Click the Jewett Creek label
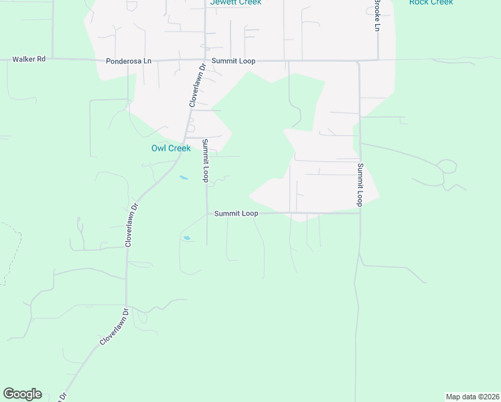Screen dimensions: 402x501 235,3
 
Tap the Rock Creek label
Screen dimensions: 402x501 431,3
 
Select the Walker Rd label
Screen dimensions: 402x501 29,60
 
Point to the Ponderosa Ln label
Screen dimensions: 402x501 129,62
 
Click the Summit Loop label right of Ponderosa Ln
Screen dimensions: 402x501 233,61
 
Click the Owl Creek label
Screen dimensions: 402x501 171,148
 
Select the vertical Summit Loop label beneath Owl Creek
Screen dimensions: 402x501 206,160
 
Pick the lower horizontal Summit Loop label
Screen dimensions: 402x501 236,213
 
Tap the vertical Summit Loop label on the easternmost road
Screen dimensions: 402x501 360,184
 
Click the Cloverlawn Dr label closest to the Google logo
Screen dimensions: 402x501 113,327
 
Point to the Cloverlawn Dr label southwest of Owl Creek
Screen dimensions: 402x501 131,225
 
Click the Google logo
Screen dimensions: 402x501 22,394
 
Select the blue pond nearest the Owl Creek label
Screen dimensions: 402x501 184,178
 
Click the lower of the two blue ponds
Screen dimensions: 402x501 187,237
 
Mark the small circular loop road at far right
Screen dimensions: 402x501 446,165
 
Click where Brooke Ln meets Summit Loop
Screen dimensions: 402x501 377,61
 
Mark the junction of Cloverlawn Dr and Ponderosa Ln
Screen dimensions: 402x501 204,60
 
